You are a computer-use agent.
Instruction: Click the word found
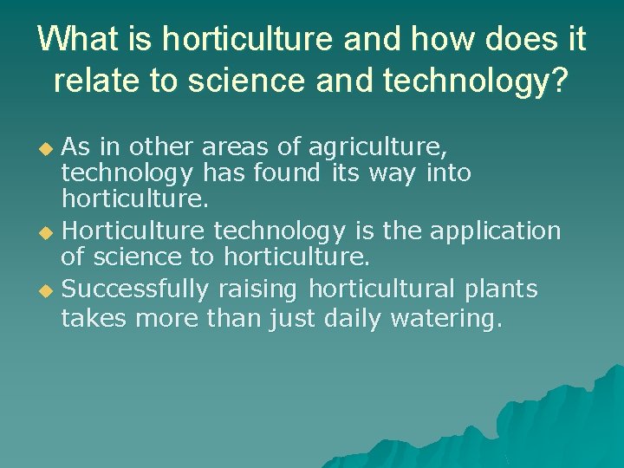tap(288, 173)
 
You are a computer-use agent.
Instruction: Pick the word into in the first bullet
tap(448, 173)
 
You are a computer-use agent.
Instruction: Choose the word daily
tap(353, 318)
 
